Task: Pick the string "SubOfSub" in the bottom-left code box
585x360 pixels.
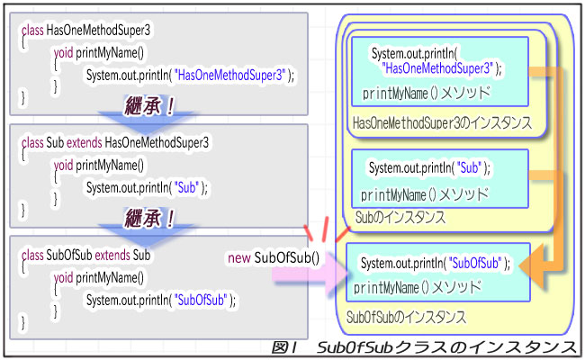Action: click(x=202, y=301)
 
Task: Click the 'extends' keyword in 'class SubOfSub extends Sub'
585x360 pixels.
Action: click(x=109, y=256)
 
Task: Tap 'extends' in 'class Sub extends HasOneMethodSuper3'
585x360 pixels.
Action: click(x=81, y=142)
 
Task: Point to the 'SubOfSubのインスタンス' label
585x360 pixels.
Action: click(x=406, y=317)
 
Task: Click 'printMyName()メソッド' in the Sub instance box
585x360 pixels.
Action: click(x=424, y=193)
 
